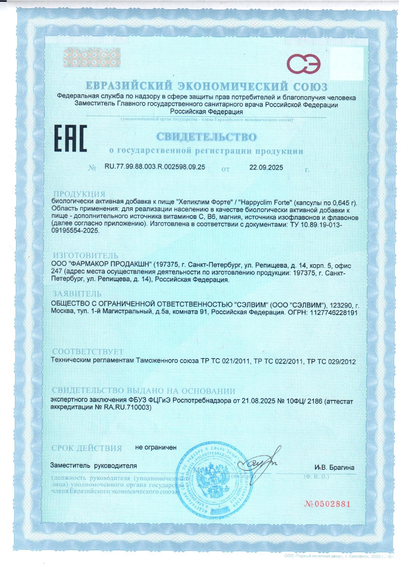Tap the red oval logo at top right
(304, 64)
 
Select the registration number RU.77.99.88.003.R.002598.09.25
(155, 167)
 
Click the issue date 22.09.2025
(266, 167)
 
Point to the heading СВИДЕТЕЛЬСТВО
(207, 137)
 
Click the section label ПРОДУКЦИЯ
(79, 194)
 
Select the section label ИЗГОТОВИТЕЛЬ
(85, 256)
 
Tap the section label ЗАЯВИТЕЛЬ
(77, 294)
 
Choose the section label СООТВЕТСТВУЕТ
(88, 352)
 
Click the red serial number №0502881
(327, 504)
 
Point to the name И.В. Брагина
(334, 467)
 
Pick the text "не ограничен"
(156, 447)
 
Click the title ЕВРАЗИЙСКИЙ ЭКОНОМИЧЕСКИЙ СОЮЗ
(207, 86)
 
